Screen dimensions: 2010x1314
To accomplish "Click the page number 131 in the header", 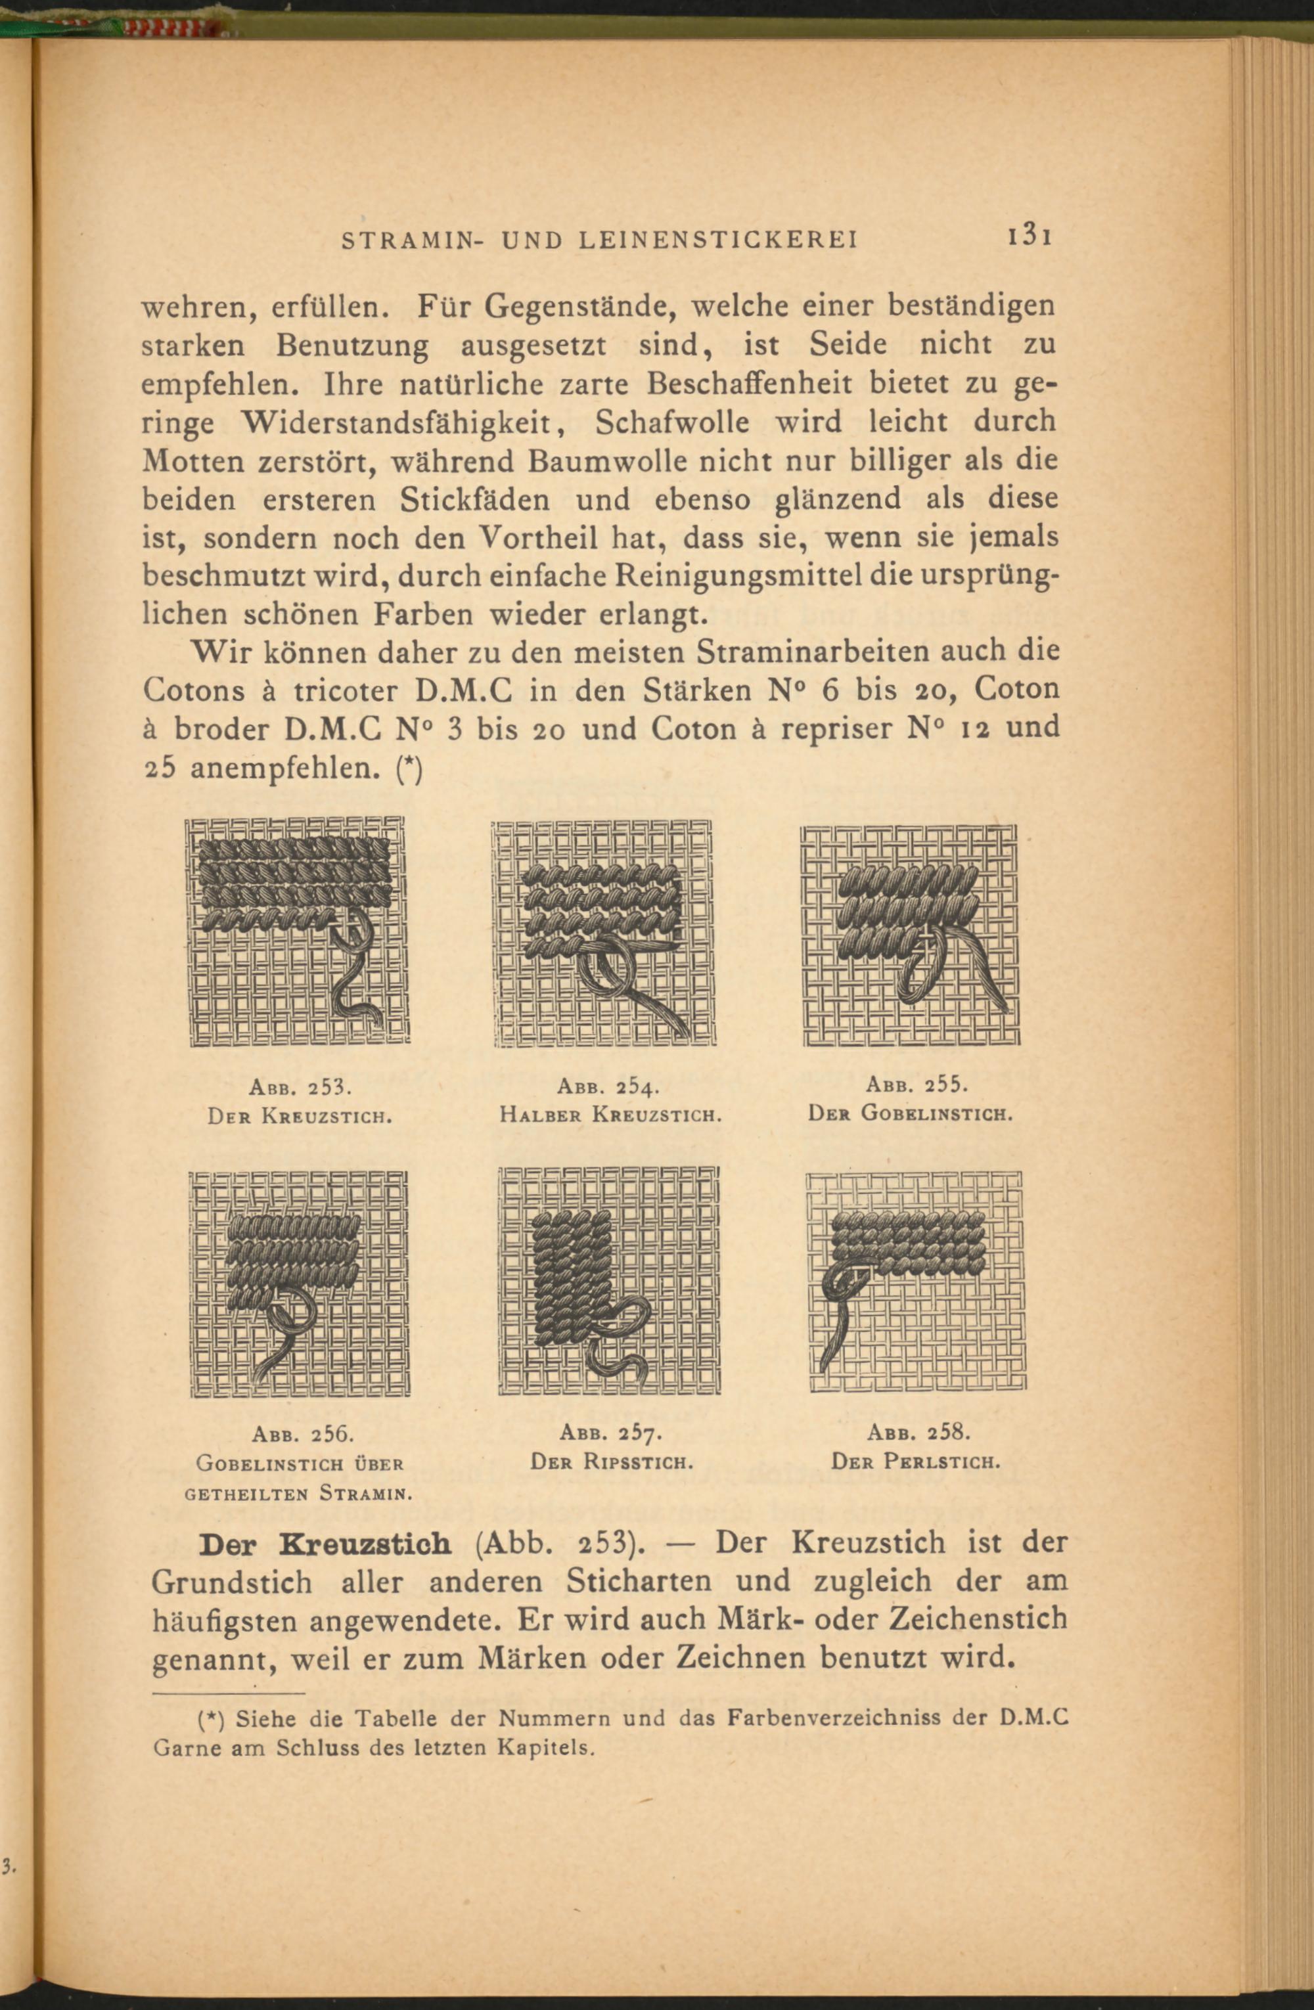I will (x=1027, y=236).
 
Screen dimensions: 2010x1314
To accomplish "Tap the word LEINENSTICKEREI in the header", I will (x=717, y=240).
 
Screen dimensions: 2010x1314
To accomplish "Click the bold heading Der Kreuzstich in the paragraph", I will (x=325, y=1543).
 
